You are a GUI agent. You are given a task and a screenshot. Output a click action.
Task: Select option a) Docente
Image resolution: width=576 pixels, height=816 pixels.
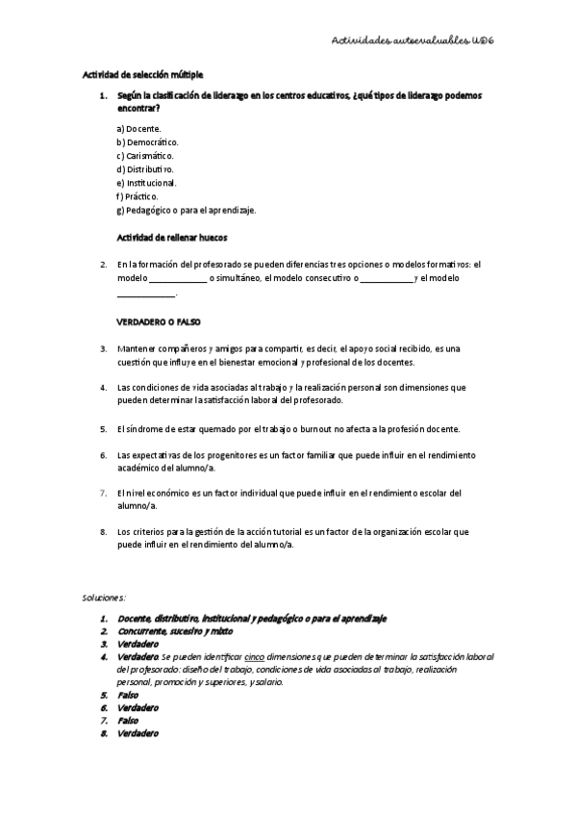138,128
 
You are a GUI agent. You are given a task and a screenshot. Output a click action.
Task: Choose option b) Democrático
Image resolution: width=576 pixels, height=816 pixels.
147,141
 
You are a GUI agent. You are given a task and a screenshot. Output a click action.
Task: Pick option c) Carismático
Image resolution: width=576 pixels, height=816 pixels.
145,155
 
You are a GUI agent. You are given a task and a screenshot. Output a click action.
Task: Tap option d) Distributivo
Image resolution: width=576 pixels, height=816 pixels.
145,168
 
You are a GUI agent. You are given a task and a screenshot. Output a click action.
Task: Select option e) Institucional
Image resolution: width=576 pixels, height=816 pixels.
146,182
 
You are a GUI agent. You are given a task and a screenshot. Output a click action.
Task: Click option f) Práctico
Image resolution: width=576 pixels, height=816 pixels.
137,195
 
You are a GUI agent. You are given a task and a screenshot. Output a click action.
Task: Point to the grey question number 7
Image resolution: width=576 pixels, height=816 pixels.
103,492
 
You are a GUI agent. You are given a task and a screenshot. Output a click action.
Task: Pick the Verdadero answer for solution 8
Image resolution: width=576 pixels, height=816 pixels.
138,733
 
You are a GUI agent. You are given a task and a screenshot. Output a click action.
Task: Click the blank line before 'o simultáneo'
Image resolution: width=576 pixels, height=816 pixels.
177,279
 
